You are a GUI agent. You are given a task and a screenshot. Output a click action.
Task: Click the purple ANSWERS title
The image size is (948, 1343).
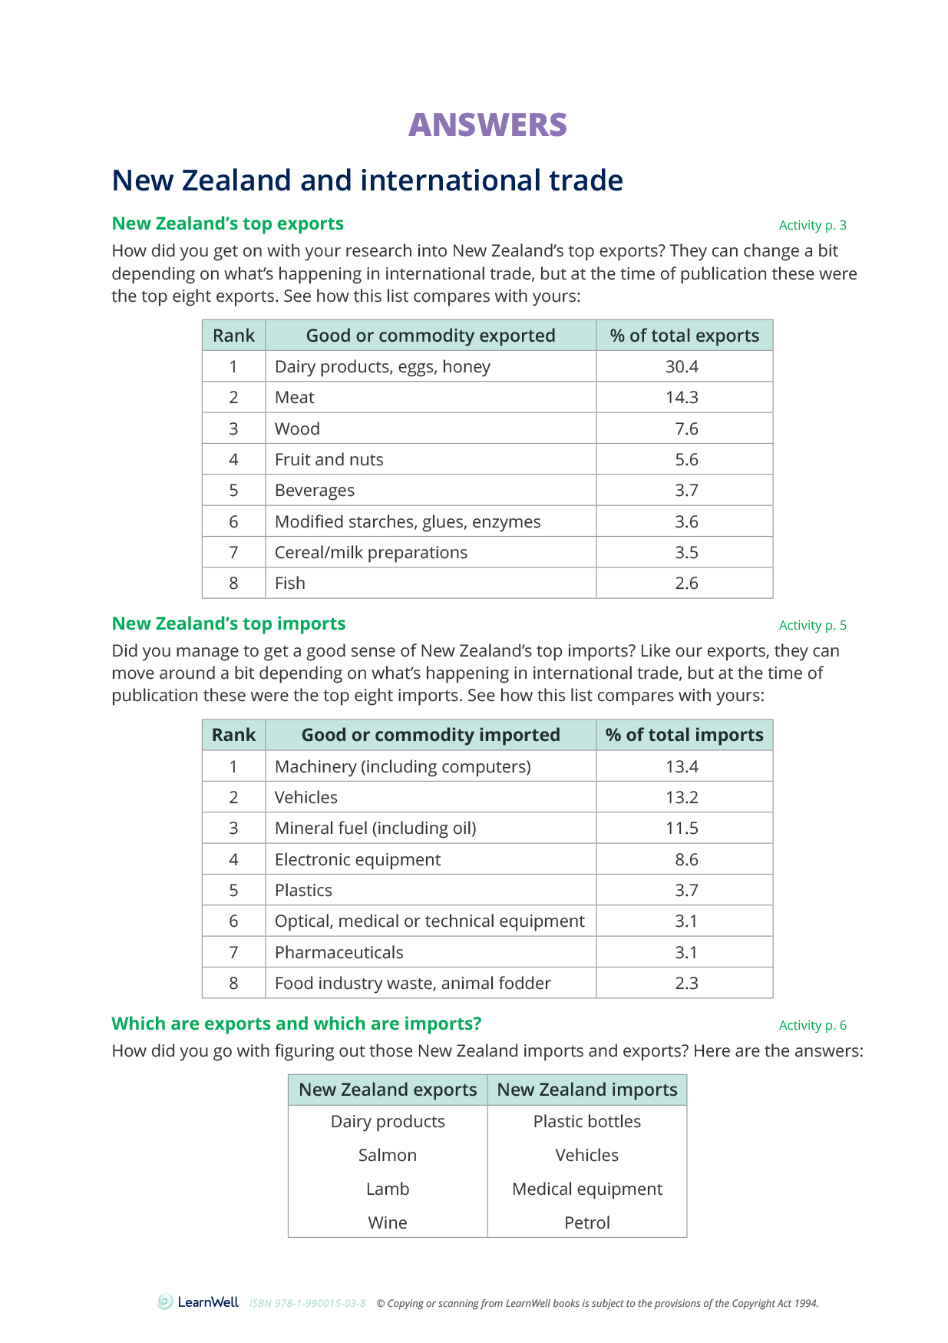coord(487,125)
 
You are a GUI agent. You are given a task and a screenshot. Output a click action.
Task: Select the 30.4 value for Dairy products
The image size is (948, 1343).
coord(682,367)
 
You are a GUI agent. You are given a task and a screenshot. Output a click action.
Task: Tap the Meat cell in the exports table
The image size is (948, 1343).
coord(295,398)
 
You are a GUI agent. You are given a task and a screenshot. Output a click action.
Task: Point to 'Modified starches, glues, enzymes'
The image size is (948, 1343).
coord(408,522)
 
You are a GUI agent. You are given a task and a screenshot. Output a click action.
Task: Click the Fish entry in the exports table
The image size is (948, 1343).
coord(290,584)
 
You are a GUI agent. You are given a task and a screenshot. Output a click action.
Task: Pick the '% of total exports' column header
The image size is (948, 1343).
coord(684,336)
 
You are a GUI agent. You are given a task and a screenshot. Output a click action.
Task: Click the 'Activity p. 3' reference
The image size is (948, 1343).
coord(812,225)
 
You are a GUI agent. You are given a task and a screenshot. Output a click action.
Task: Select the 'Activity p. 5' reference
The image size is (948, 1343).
coord(812,625)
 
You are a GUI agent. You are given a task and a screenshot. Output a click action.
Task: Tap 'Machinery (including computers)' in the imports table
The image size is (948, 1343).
coord(402,767)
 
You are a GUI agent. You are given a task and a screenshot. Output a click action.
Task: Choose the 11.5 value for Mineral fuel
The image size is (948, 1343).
coord(682,829)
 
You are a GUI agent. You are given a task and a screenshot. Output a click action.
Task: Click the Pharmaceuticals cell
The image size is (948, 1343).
coord(339,953)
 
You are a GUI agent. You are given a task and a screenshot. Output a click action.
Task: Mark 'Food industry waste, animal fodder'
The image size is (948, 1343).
coord(412,984)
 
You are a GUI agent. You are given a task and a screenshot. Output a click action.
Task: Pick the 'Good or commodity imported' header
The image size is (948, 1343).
coord(431,735)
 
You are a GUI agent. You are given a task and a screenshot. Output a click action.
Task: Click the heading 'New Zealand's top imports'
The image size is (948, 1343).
coord(229,624)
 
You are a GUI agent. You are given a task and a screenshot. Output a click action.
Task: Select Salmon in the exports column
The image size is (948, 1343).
coord(388,1156)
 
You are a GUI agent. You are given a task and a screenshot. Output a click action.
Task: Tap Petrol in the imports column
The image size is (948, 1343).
coord(587,1223)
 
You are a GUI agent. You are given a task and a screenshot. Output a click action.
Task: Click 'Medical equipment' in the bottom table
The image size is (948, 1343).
coord(587,1189)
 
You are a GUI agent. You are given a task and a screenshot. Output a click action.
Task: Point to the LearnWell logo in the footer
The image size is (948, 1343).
coord(198,1302)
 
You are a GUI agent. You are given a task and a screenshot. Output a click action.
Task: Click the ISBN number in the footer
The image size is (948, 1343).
coord(307,1304)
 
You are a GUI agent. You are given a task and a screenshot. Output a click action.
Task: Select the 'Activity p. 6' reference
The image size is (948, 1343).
coord(812,1025)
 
